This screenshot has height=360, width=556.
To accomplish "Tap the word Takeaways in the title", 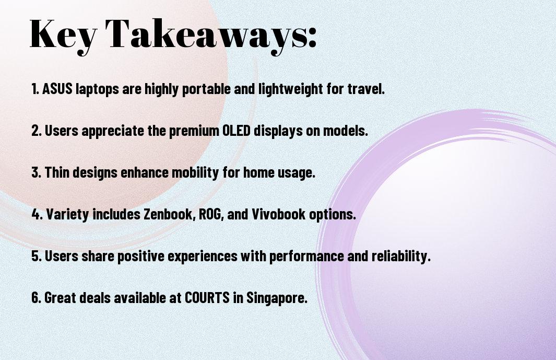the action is click(x=206, y=34).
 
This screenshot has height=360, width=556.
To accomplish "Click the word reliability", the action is click(x=401, y=256).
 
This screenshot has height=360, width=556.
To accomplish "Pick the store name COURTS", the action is click(x=207, y=297).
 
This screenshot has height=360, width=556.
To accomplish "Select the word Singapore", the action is click(x=277, y=298).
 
